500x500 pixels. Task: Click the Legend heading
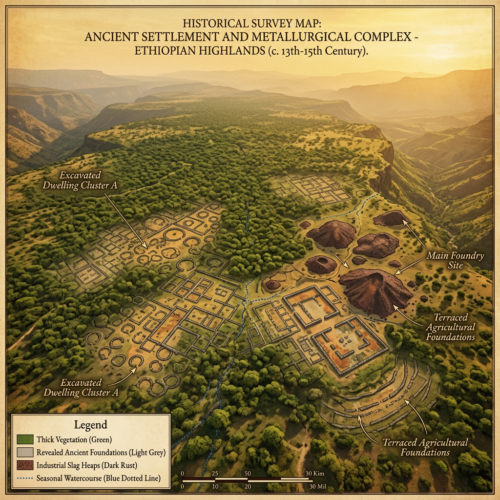coord(90,424)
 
